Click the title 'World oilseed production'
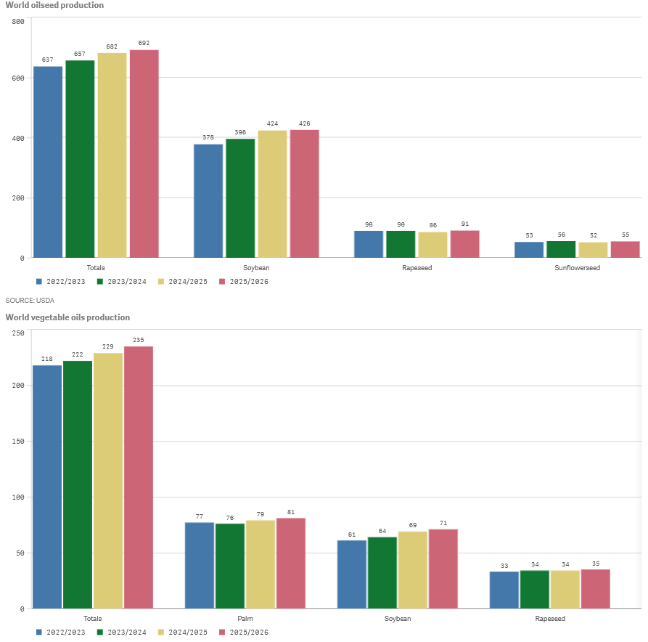click(x=54, y=5)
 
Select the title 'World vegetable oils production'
click(x=67, y=317)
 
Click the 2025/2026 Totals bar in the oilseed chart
click(x=144, y=153)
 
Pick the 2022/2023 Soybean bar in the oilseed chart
click(x=208, y=200)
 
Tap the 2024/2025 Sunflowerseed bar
click(x=593, y=249)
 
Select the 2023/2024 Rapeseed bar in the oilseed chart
click(x=401, y=244)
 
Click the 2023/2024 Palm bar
click(x=230, y=566)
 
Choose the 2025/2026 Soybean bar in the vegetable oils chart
click(x=443, y=569)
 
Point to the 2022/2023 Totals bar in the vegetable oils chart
click(x=47, y=487)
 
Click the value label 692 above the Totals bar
click(x=144, y=43)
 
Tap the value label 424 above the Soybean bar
click(x=272, y=123)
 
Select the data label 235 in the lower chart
click(x=139, y=340)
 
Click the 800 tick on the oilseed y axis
click(x=18, y=22)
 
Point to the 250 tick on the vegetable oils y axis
click(x=18, y=333)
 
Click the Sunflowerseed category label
click(x=578, y=268)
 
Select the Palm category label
click(x=245, y=619)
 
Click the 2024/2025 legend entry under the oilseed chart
click(x=183, y=281)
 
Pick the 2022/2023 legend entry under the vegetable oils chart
click(x=61, y=633)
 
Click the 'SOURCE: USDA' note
click(x=30, y=300)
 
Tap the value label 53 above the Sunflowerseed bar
click(x=529, y=235)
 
